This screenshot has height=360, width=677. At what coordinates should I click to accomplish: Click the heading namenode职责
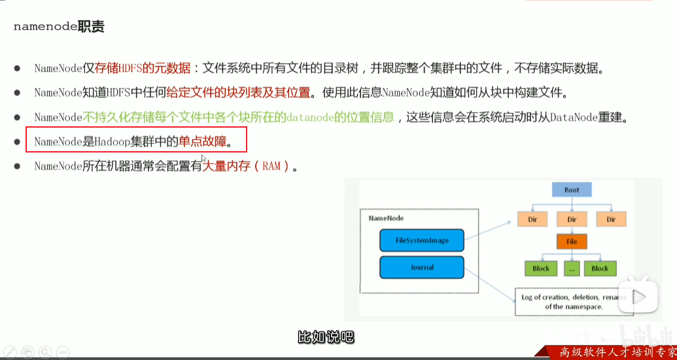pyautogui.click(x=59, y=27)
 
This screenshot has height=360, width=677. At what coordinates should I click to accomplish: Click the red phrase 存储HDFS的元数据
pyautogui.click(x=143, y=68)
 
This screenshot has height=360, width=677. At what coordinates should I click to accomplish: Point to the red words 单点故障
pyautogui.click(x=202, y=141)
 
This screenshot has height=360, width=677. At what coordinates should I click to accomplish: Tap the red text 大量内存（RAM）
pyautogui.click(x=249, y=166)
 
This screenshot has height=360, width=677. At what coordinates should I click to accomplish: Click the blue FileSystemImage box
pyautogui.click(x=422, y=240)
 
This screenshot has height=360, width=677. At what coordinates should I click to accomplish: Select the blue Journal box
pyautogui.click(x=422, y=267)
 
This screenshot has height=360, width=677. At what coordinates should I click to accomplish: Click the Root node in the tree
pyautogui.click(x=572, y=190)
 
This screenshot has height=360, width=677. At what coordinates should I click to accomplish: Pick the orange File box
pyautogui.click(x=572, y=242)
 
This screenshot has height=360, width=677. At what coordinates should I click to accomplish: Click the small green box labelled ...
pyautogui.click(x=572, y=268)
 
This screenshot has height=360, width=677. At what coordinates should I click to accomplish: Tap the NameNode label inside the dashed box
pyautogui.click(x=386, y=218)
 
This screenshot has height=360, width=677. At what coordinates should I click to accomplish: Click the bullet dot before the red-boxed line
pyautogui.click(x=18, y=141)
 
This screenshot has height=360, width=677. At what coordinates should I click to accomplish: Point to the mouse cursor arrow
pyautogui.click(x=203, y=159)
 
